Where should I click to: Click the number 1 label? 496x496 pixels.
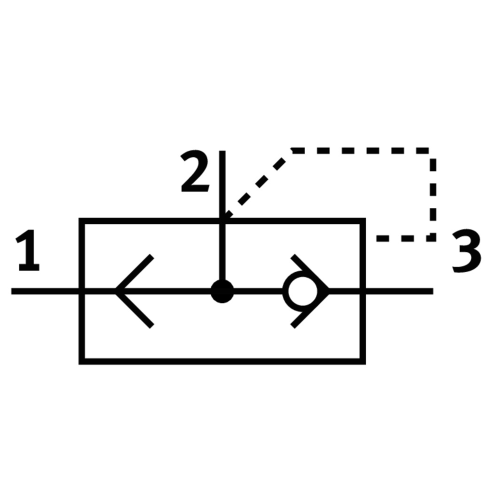pyautogui.click(x=29, y=250)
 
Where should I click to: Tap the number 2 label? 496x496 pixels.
pyautogui.click(x=195, y=171)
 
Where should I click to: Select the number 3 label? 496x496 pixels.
pyautogui.click(x=467, y=251)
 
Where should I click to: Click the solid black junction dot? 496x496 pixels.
pyautogui.click(x=222, y=291)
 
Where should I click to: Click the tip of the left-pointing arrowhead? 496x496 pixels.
pyautogui.click(x=116, y=291)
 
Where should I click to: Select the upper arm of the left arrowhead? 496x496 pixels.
pyautogui.click(x=135, y=273)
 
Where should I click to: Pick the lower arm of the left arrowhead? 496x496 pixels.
pyautogui.click(x=135, y=310)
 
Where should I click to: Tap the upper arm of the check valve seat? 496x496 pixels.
pyautogui.click(x=310, y=272)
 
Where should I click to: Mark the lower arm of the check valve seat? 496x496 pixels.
pyautogui.click(x=310, y=310)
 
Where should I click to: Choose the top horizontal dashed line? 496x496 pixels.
pyautogui.click(x=360, y=151)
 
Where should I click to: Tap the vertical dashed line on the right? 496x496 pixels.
pyautogui.click(x=433, y=196)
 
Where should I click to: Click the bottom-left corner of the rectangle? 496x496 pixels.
pyautogui.click(x=81, y=362)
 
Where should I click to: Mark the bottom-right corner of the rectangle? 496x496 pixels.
pyautogui.click(x=363, y=362)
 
